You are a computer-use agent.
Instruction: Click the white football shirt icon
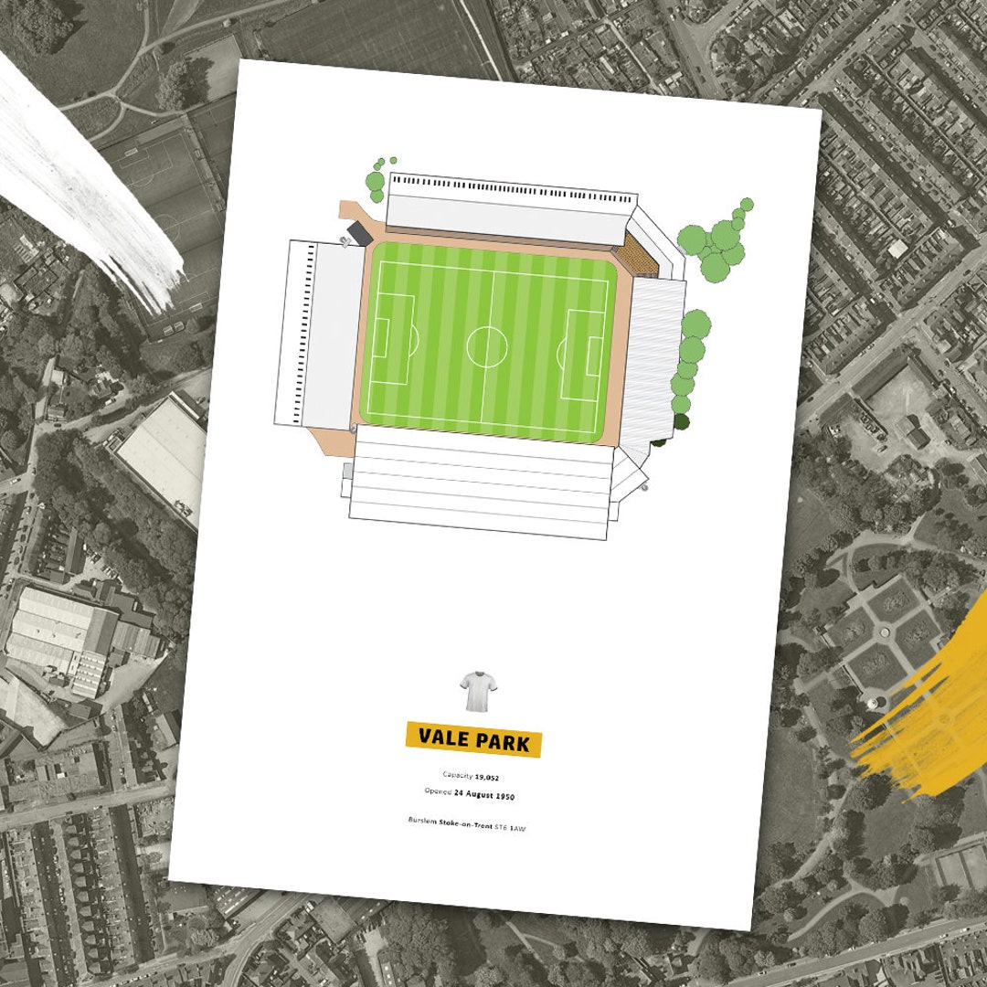click(x=474, y=692)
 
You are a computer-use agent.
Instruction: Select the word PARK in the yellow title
click(x=504, y=742)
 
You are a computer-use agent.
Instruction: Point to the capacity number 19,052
click(x=487, y=777)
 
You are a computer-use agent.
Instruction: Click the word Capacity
click(x=457, y=775)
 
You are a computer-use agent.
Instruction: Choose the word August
click(x=473, y=795)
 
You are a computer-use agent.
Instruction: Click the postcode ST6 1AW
click(x=512, y=827)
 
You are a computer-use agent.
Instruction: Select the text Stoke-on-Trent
click(x=469, y=823)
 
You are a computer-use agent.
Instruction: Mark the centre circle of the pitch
click(x=486, y=347)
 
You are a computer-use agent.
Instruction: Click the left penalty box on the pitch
click(x=394, y=339)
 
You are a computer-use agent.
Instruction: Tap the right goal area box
click(x=595, y=356)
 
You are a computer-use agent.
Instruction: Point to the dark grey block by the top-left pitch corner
click(x=359, y=232)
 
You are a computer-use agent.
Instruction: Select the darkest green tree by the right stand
click(x=682, y=421)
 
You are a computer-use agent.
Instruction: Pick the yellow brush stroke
click(x=923, y=713)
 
